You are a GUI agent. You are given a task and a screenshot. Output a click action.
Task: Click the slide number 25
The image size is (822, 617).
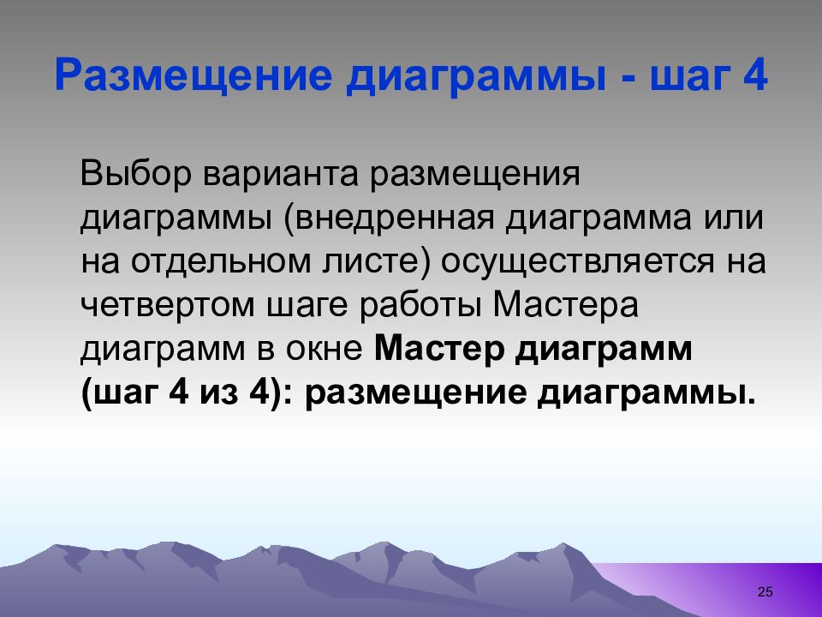pos(765,592)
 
